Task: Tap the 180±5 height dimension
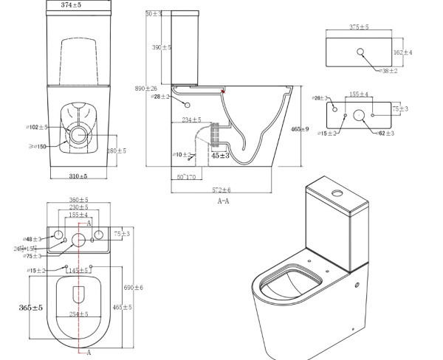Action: (x=116, y=150)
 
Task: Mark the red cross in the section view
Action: (x=222, y=90)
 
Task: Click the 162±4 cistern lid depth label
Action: (x=402, y=52)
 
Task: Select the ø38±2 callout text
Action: (x=388, y=71)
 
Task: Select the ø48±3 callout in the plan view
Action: (x=31, y=240)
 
